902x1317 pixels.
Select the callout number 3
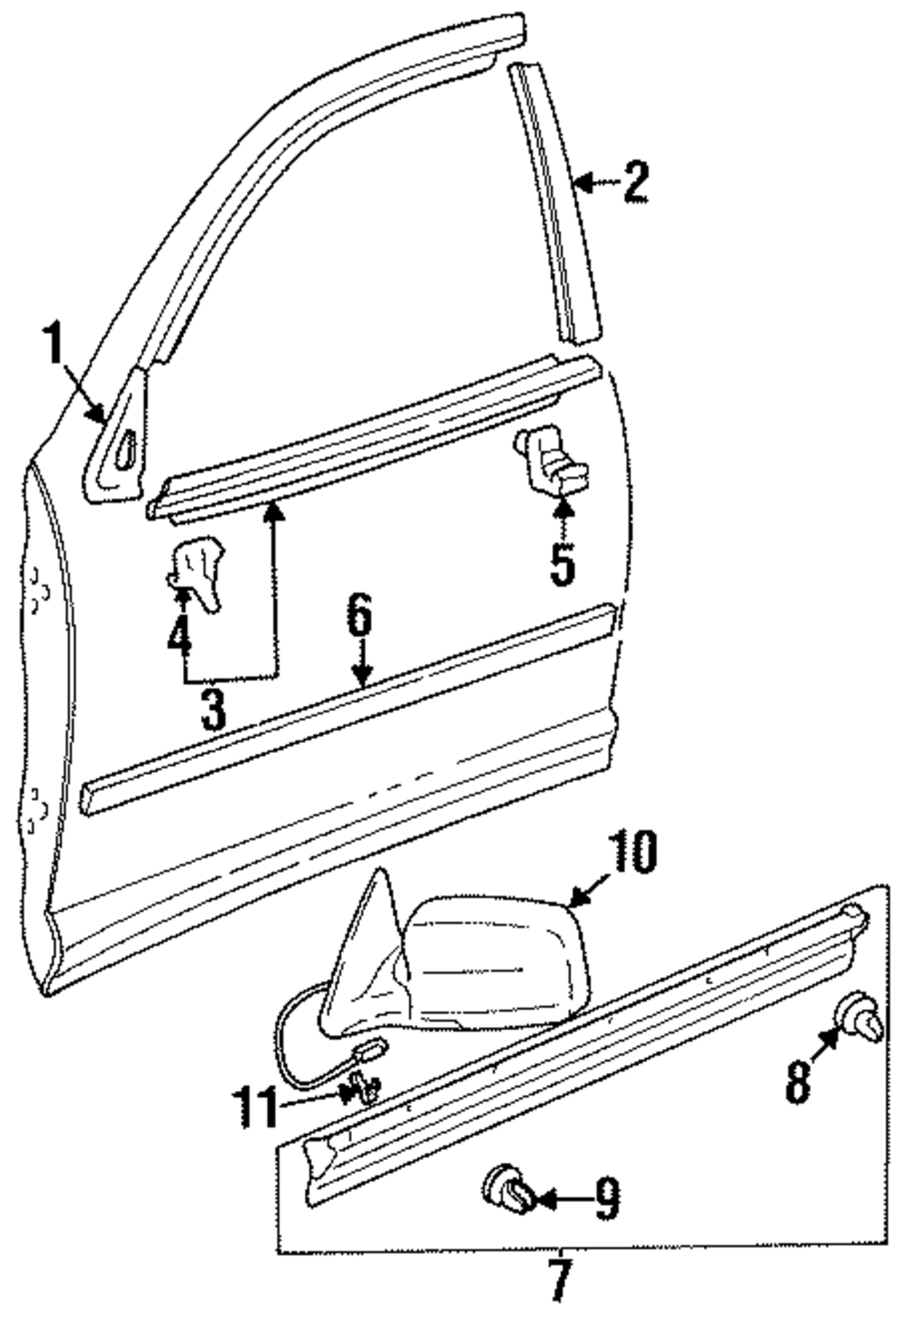(x=213, y=710)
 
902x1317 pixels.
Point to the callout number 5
(x=561, y=564)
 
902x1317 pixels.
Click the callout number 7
(x=559, y=1281)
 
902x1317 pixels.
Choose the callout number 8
(x=797, y=1082)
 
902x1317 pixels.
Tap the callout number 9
(x=606, y=1200)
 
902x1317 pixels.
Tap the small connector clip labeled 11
(x=364, y=1089)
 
